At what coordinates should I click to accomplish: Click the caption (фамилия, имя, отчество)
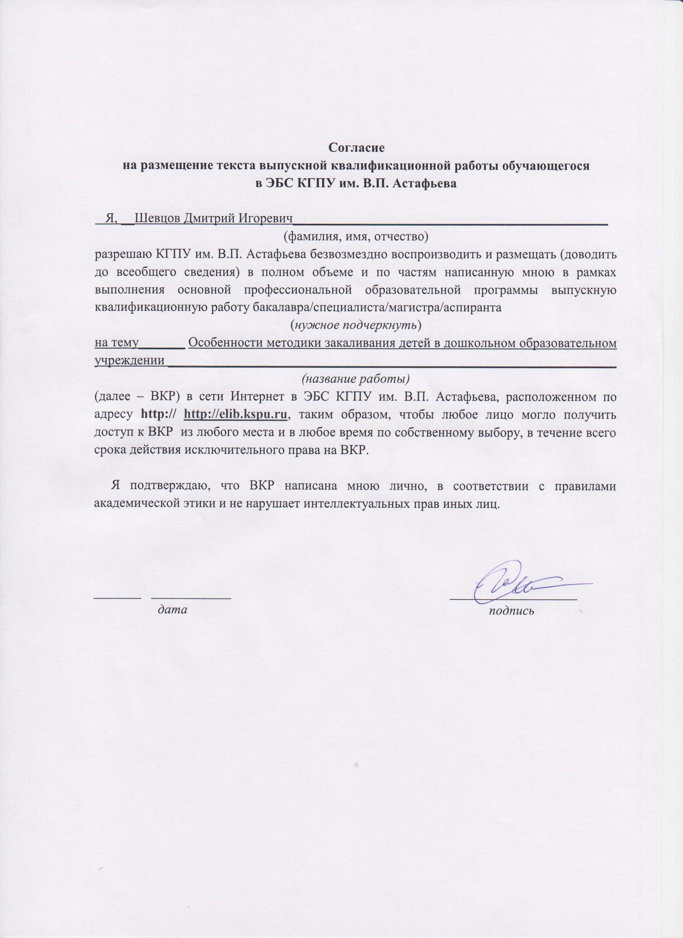coord(355,237)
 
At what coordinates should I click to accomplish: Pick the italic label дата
coord(172,609)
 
